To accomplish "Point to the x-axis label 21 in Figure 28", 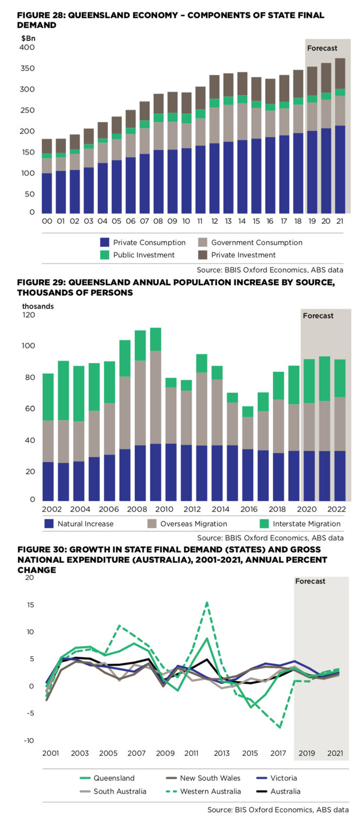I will tap(341, 221).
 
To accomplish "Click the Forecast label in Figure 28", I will tap(322, 48).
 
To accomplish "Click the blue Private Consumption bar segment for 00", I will tap(47, 192).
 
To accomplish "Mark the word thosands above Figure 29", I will tap(38, 306).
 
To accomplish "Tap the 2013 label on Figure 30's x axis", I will tap(221, 753).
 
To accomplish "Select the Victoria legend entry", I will tap(283, 778).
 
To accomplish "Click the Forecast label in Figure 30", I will tap(310, 581).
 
